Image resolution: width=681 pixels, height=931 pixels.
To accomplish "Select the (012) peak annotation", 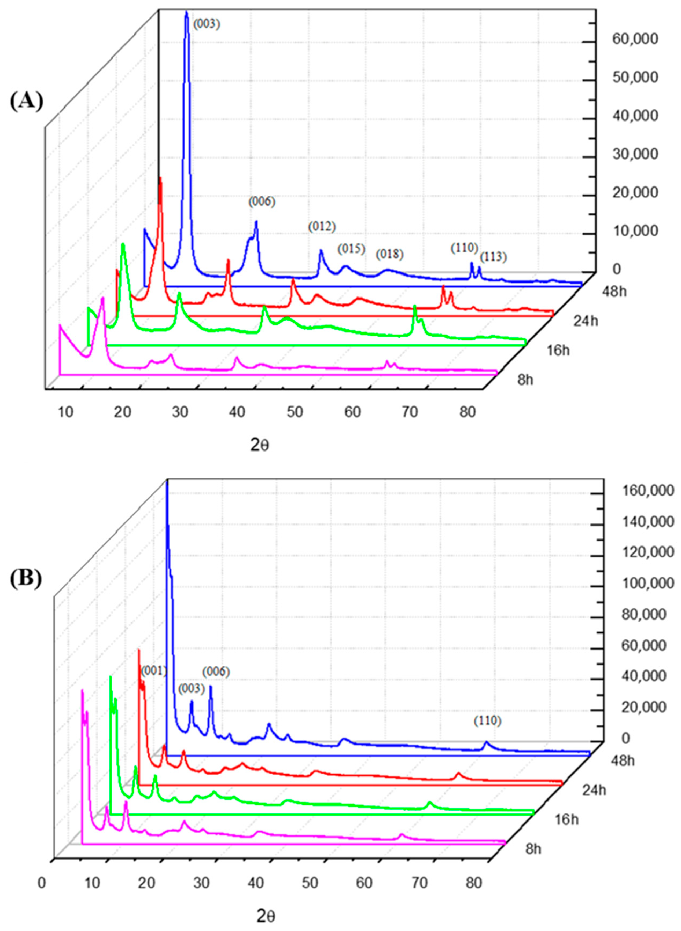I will (x=322, y=226).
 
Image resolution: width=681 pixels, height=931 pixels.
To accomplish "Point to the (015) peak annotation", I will (x=351, y=249).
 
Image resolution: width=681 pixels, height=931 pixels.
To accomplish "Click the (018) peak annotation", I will (x=389, y=254).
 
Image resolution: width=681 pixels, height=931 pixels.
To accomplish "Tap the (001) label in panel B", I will (x=153, y=671).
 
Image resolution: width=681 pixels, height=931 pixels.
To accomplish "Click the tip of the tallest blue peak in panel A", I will (x=186, y=12).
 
